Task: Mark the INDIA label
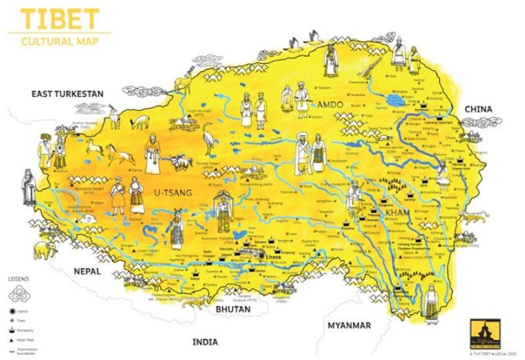tap(205, 341)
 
